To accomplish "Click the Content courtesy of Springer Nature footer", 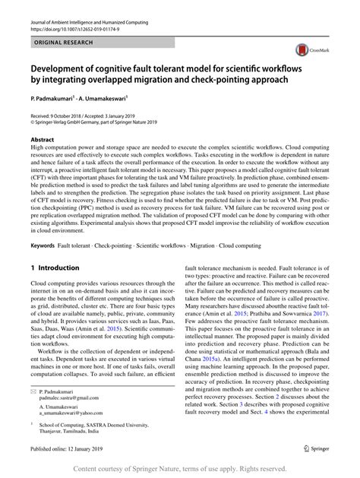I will pos(180,469).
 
